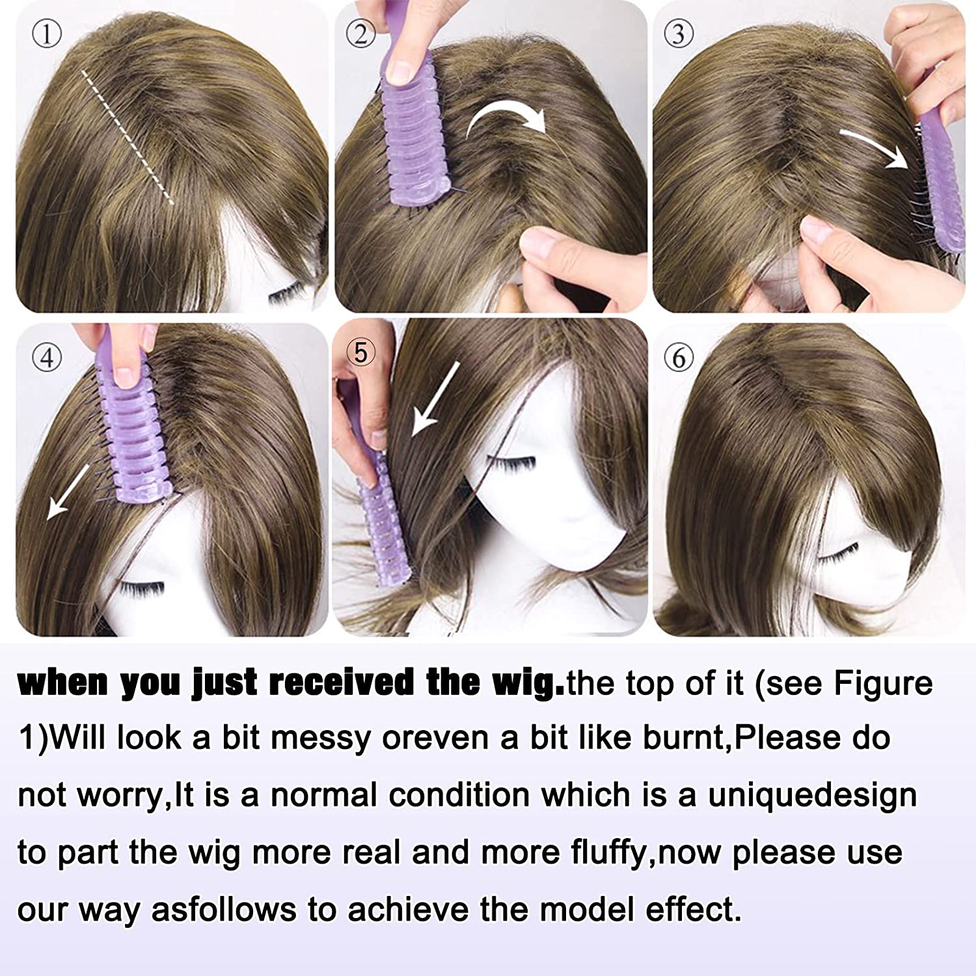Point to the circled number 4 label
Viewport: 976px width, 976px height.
[46, 357]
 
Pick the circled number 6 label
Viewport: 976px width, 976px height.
[679, 357]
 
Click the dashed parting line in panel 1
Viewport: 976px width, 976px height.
[127, 137]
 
